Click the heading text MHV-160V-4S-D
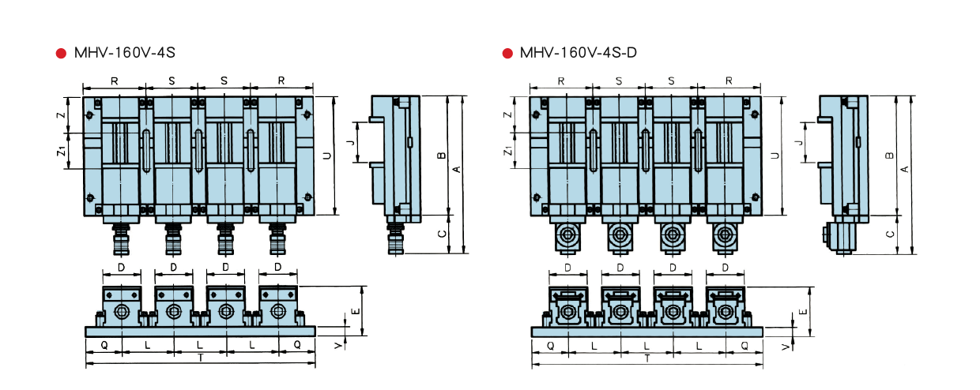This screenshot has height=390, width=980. (579, 54)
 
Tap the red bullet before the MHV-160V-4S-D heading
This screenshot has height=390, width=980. (507, 54)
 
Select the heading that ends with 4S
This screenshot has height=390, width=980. (124, 54)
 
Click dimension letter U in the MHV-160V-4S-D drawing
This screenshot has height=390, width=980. (775, 155)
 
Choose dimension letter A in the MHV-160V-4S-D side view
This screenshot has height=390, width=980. (905, 167)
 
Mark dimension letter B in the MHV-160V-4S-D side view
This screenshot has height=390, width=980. (890, 156)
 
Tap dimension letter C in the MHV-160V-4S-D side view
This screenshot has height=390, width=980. (890, 234)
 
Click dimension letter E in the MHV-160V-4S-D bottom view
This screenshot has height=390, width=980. (803, 311)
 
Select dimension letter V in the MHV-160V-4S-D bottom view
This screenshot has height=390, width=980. (785, 347)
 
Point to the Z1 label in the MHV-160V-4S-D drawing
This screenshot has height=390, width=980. (508, 150)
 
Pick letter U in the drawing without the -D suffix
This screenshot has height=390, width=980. (327, 156)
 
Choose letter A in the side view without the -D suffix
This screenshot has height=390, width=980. (457, 167)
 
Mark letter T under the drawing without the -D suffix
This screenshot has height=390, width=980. (200, 357)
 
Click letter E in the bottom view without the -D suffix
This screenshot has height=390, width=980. (356, 311)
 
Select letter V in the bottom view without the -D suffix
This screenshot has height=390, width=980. (337, 345)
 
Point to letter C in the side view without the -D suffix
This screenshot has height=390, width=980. (442, 234)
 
